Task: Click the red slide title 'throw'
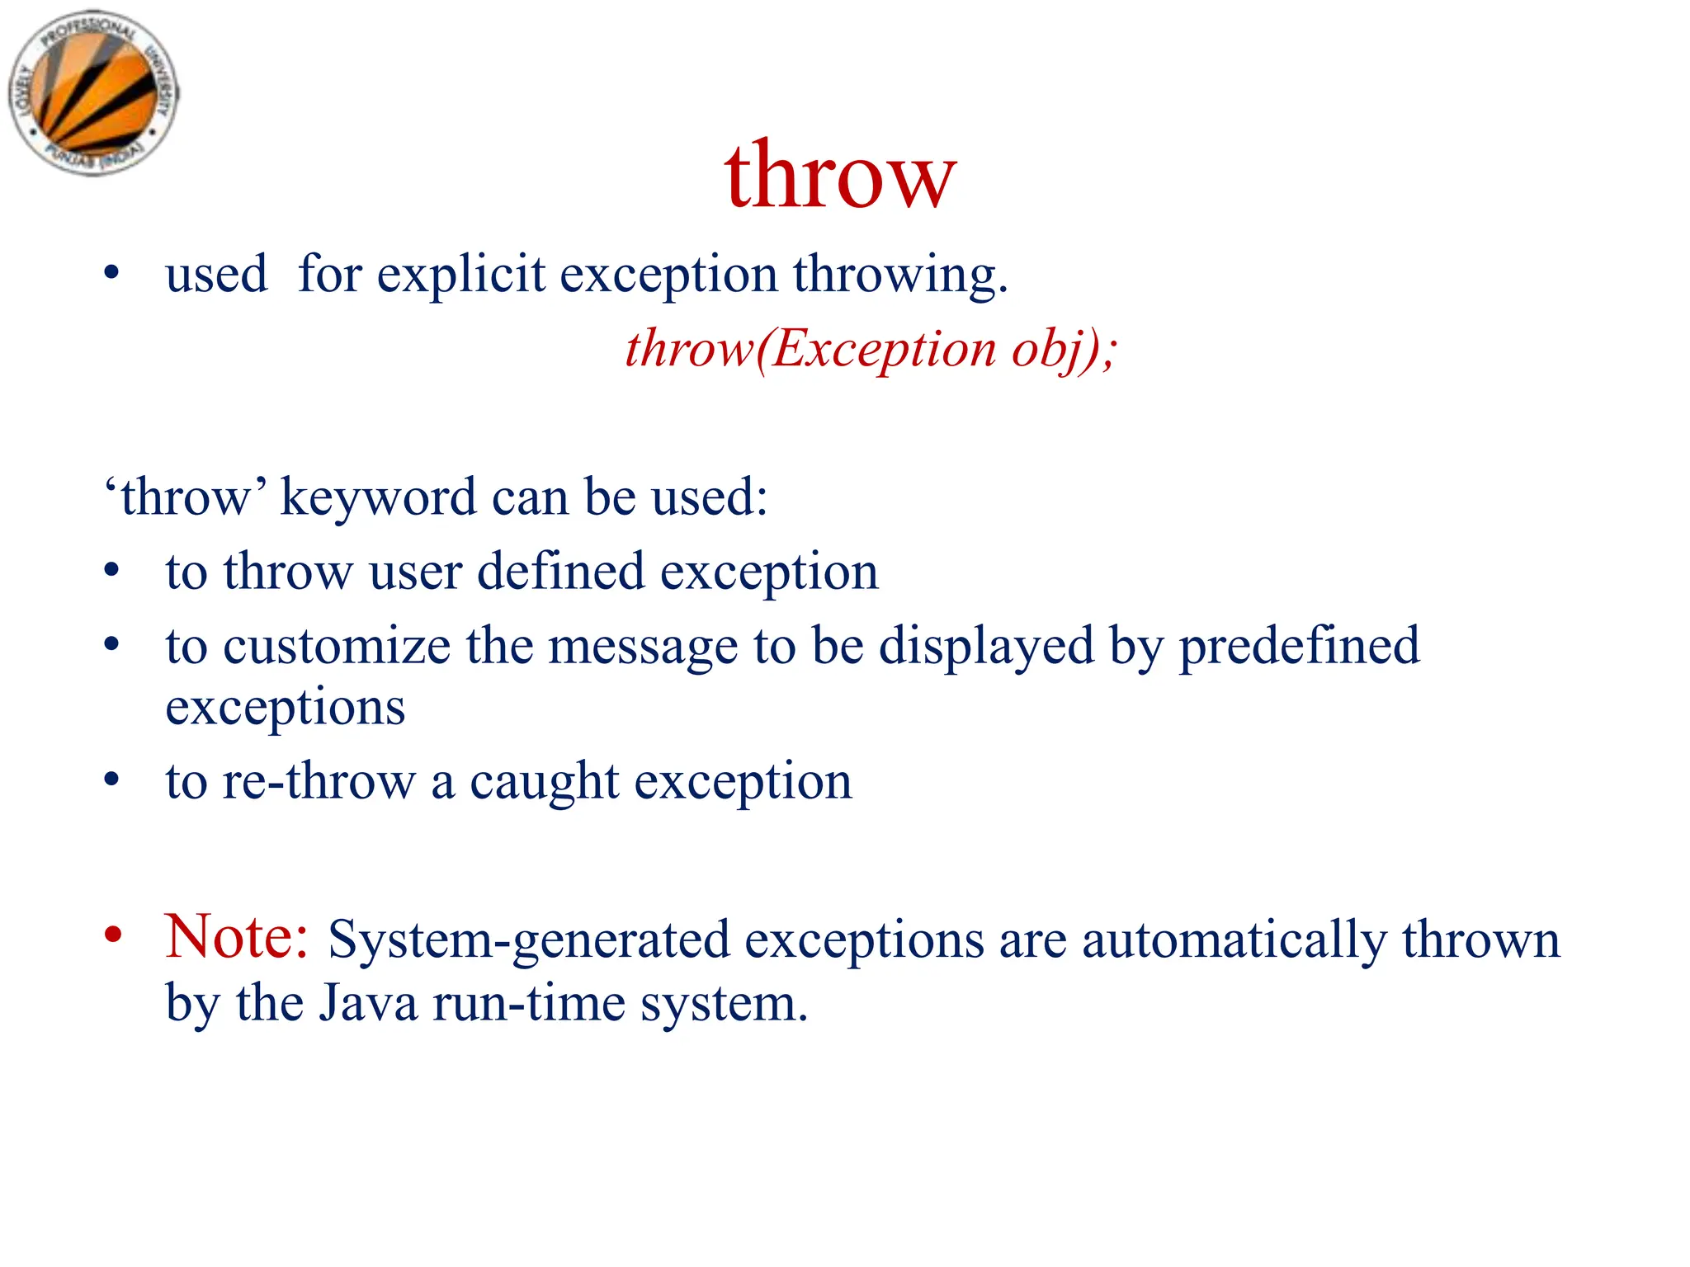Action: pos(840,176)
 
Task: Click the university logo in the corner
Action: pos(93,92)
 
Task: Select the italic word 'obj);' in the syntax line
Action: pos(1065,349)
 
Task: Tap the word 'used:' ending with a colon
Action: pos(710,498)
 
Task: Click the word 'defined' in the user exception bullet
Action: pos(561,572)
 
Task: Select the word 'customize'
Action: pos(337,647)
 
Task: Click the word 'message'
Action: pos(643,647)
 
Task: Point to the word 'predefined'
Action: pos(1299,647)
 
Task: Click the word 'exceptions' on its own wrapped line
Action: pos(286,708)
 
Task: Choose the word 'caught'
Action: pos(544,781)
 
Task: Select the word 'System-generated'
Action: pos(529,940)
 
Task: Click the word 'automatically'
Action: pos(1234,940)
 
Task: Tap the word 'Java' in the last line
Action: pos(368,1004)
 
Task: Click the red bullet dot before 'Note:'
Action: pos(113,935)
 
